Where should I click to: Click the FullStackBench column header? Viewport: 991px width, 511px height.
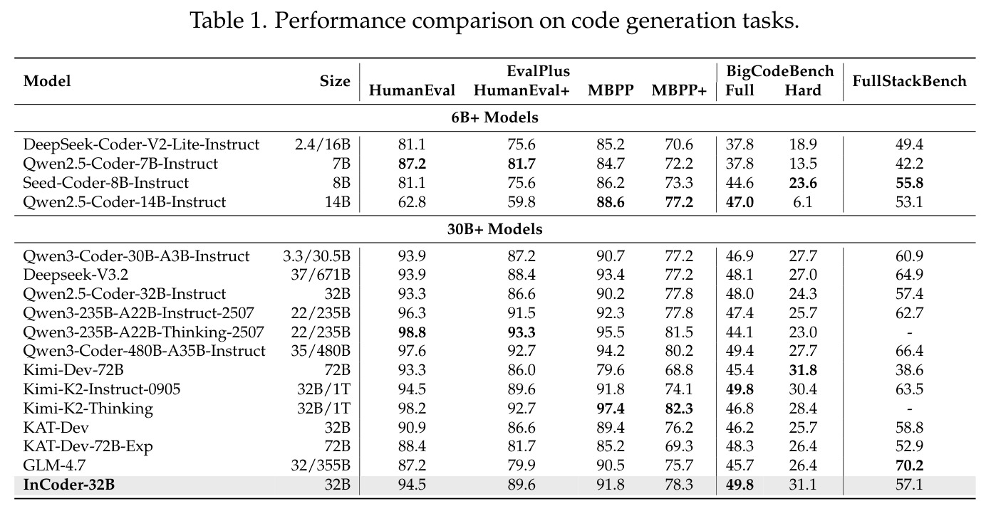tap(909, 81)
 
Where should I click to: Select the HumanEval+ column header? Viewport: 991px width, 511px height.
tap(522, 90)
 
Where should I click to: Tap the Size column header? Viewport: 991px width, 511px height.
tap(335, 81)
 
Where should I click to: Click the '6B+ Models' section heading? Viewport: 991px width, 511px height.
tap(494, 117)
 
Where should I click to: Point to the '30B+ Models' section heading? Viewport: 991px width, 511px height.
tap(494, 229)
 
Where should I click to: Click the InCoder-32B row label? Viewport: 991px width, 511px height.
tap(68, 485)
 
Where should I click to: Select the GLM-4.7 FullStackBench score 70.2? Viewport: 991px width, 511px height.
tap(909, 465)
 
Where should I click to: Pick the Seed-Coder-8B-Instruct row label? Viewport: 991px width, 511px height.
tap(105, 183)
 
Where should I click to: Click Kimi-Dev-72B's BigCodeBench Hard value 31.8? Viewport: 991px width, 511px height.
tap(802, 370)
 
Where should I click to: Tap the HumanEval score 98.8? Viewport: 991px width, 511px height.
tap(412, 332)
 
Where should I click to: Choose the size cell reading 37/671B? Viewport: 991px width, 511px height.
tap(321, 275)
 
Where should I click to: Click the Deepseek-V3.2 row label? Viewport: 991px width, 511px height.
tap(76, 275)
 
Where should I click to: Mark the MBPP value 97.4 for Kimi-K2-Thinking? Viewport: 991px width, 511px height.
tap(611, 409)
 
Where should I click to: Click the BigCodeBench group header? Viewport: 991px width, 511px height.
tap(780, 70)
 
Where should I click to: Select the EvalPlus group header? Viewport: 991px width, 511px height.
tap(538, 70)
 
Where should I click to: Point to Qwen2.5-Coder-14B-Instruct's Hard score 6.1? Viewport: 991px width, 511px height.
tap(802, 202)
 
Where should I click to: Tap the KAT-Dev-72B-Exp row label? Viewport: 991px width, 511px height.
tap(88, 446)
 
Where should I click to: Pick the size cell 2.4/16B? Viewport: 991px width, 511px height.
tap(323, 144)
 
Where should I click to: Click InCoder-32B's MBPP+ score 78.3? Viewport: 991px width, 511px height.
tap(679, 485)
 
